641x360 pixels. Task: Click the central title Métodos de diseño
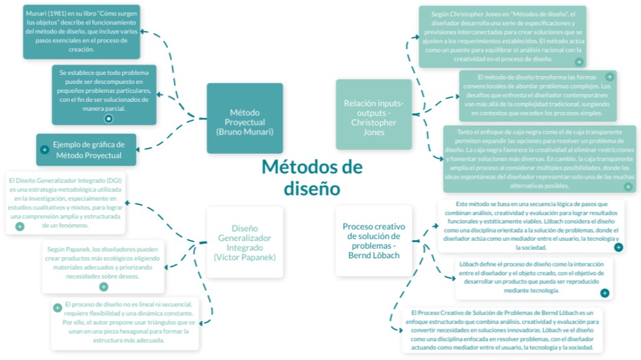tap(312, 177)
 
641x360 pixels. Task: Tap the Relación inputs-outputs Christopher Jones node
tap(373, 114)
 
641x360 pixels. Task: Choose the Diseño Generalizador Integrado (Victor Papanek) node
tap(244, 242)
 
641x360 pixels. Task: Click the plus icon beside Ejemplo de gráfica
tap(44, 149)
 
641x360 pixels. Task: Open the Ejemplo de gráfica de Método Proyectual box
tap(88, 149)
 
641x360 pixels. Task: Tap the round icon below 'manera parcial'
tap(108, 118)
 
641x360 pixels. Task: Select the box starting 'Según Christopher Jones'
tap(502, 36)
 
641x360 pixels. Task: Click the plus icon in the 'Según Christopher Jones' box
tap(579, 61)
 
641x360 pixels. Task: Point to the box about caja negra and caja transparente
tap(540, 158)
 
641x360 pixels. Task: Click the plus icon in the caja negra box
tap(628, 186)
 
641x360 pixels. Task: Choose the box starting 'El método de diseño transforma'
tap(537, 96)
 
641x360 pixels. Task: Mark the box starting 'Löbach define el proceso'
tap(533, 277)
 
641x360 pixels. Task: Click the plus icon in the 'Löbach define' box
tap(604, 293)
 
